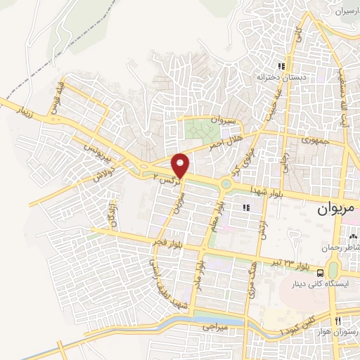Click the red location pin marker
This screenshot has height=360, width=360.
[x=181, y=165]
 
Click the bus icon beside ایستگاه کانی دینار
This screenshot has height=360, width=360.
[x=321, y=273]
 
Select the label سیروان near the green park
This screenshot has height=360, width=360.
[x=226, y=120]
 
